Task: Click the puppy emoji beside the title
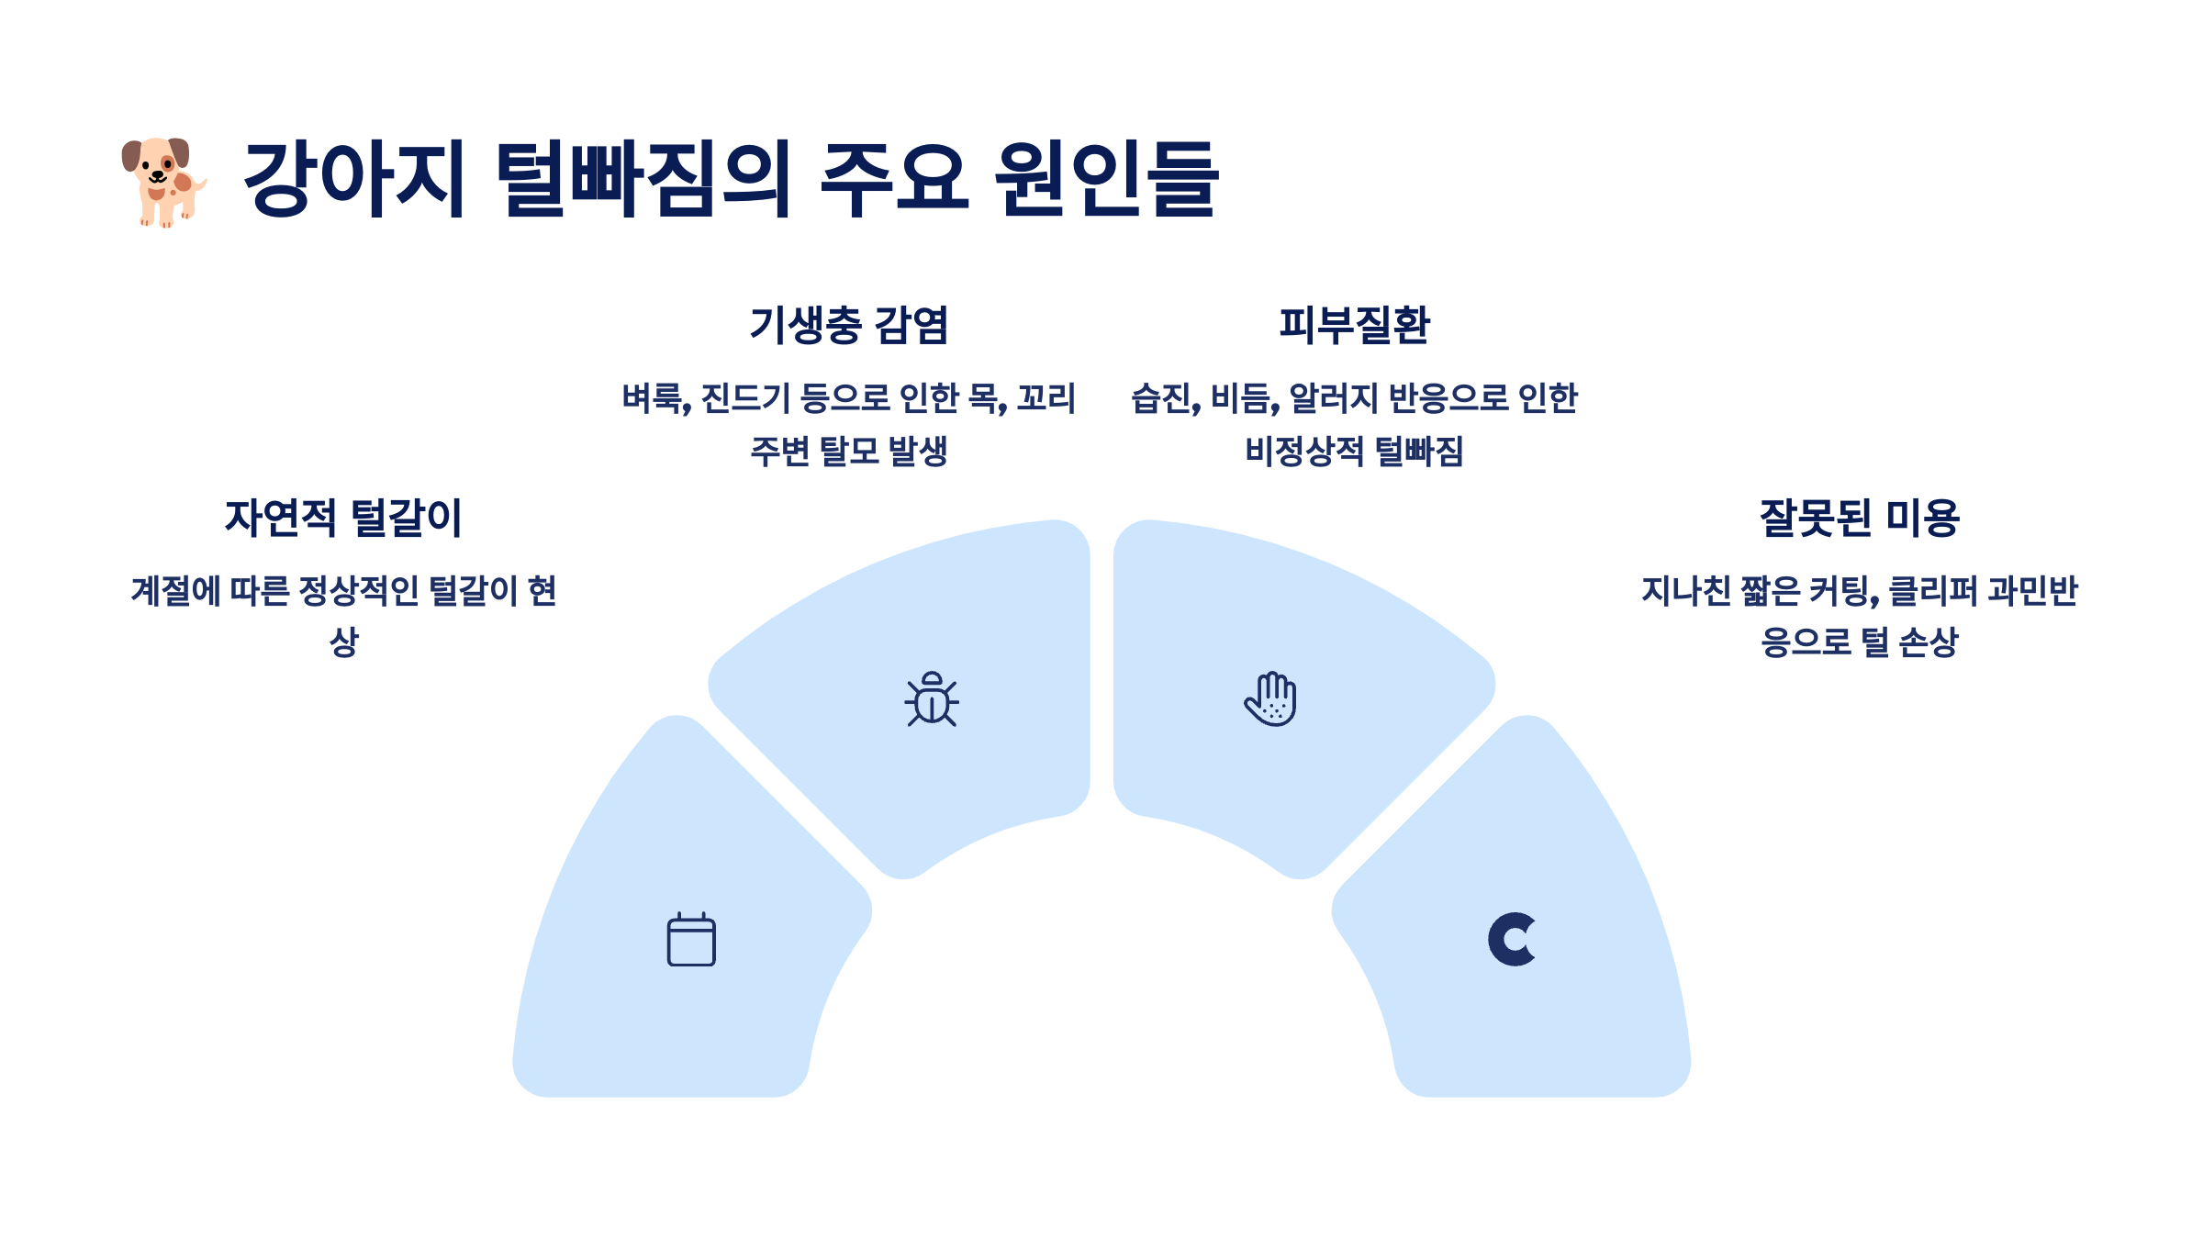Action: [163, 182]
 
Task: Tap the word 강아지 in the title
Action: [354, 180]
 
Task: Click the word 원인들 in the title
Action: [1107, 180]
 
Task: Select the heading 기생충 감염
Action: [849, 326]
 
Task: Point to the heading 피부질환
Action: [1354, 326]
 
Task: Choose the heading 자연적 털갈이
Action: [343, 518]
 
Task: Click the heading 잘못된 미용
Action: [1860, 518]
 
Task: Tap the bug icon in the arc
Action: [932, 699]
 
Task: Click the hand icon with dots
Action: [1271, 699]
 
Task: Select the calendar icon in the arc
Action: [691, 939]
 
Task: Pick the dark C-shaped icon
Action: [1511, 939]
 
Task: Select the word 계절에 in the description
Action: [175, 591]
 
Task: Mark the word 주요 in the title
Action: [894, 180]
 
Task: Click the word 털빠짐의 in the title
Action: [643, 180]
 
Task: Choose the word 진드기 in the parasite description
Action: [745, 398]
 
